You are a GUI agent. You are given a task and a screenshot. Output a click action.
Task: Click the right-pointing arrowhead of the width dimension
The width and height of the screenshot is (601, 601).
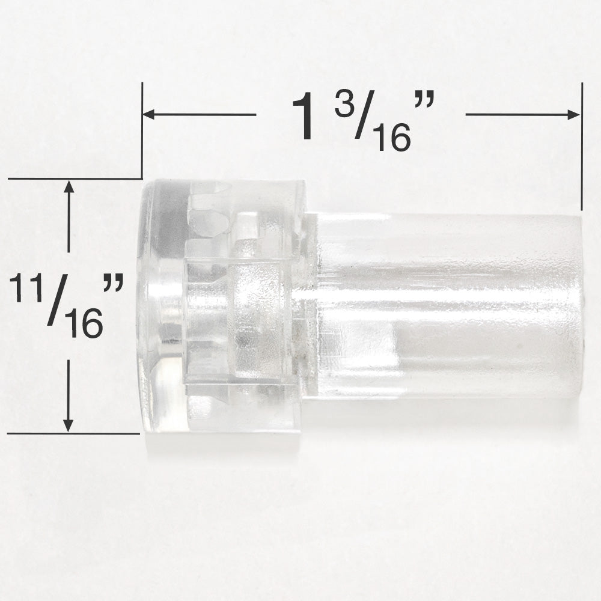[573, 114]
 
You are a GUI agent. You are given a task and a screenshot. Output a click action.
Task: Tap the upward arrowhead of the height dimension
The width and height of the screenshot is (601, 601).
[69, 187]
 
